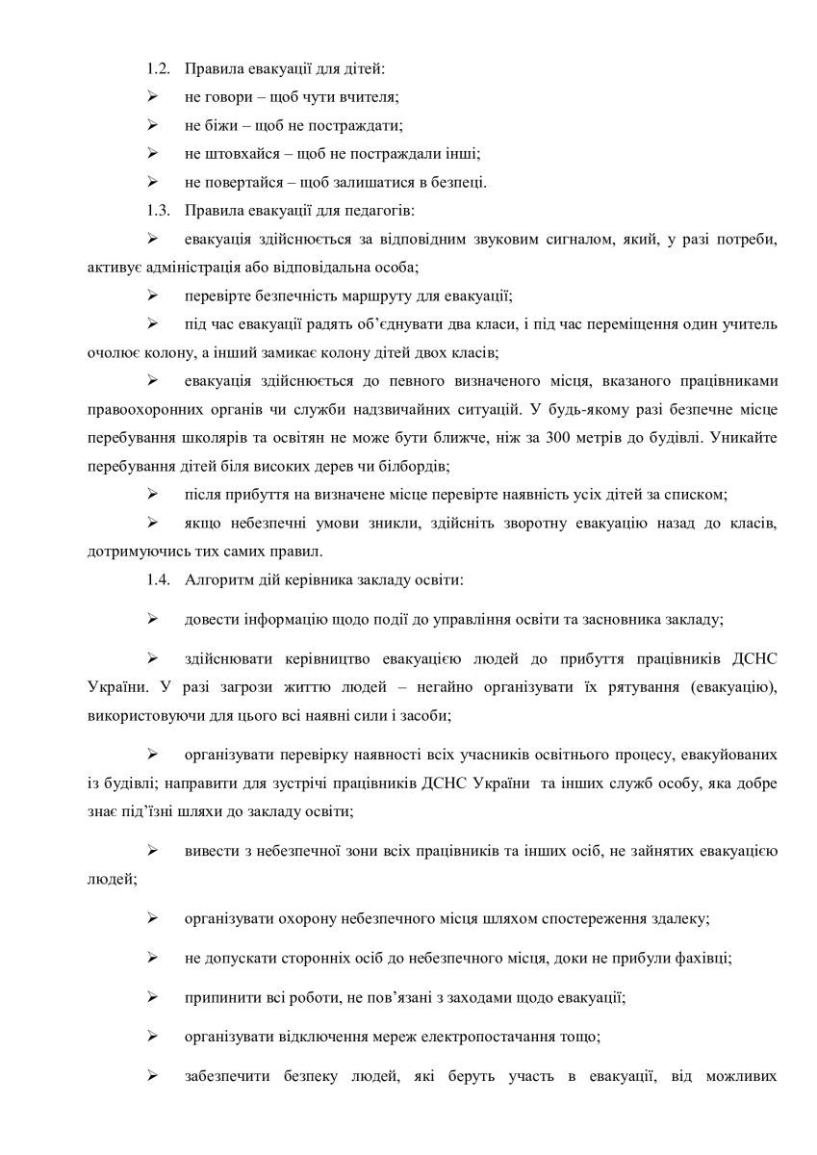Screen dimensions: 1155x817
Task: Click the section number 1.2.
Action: coord(159,70)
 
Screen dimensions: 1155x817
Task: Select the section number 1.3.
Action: coord(159,210)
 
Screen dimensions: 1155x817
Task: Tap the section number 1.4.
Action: coord(159,579)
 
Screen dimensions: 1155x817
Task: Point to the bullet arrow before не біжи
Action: coord(152,126)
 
